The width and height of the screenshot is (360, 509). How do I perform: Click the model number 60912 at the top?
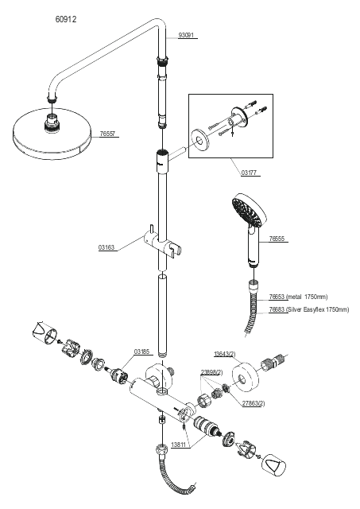pyautogui.click(x=66, y=19)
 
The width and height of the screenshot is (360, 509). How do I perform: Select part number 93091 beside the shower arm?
pyautogui.click(x=186, y=35)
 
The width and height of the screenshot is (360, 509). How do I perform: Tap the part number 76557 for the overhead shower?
pyautogui.click(x=107, y=134)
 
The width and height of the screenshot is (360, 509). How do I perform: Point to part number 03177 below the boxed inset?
pyautogui.click(x=249, y=173)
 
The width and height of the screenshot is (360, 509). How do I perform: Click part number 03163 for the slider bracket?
pyautogui.click(x=106, y=247)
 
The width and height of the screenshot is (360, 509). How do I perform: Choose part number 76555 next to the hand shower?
pyautogui.click(x=277, y=239)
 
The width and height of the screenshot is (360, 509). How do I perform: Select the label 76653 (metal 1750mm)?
pyautogui.click(x=298, y=297)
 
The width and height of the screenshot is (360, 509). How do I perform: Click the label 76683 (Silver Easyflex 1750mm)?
pyautogui.click(x=309, y=309)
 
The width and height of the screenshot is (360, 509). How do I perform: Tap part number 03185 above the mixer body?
pyautogui.click(x=141, y=352)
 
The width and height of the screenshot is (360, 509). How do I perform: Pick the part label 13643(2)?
pyautogui.click(x=225, y=354)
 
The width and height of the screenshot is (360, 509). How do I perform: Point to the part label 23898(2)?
pyautogui.click(x=211, y=372)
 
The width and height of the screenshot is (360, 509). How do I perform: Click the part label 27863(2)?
pyautogui.click(x=254, y=403)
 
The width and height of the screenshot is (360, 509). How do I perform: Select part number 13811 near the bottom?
pyautogui.click(x=178, y=445)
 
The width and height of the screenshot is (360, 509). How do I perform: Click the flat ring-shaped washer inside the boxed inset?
pyautogui.click(x=199, y=140)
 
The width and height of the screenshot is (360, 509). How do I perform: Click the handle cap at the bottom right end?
pyautogui.click(x=274, y=465)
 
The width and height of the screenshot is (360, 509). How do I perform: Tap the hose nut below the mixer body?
pyautogui.click(x=161, y=451)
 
